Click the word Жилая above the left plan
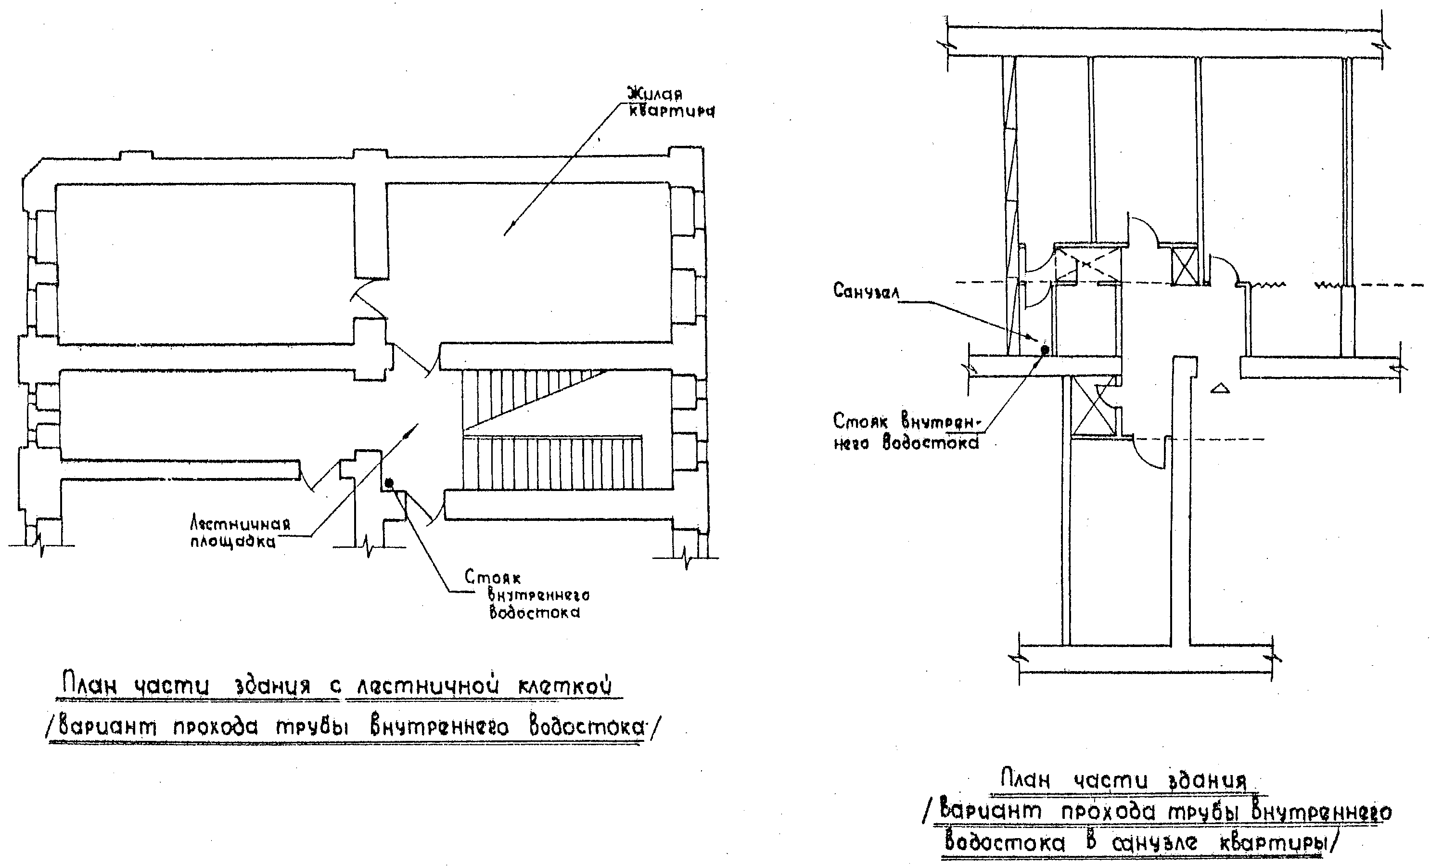(655, 94)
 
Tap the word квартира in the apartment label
(672, 111)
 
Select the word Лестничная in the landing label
(240, 524)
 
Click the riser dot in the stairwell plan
(389, 482)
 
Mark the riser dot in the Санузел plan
(1045, 349)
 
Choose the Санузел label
(866, 290)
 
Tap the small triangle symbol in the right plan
(1221, 388)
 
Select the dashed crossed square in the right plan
(1086, 264)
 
